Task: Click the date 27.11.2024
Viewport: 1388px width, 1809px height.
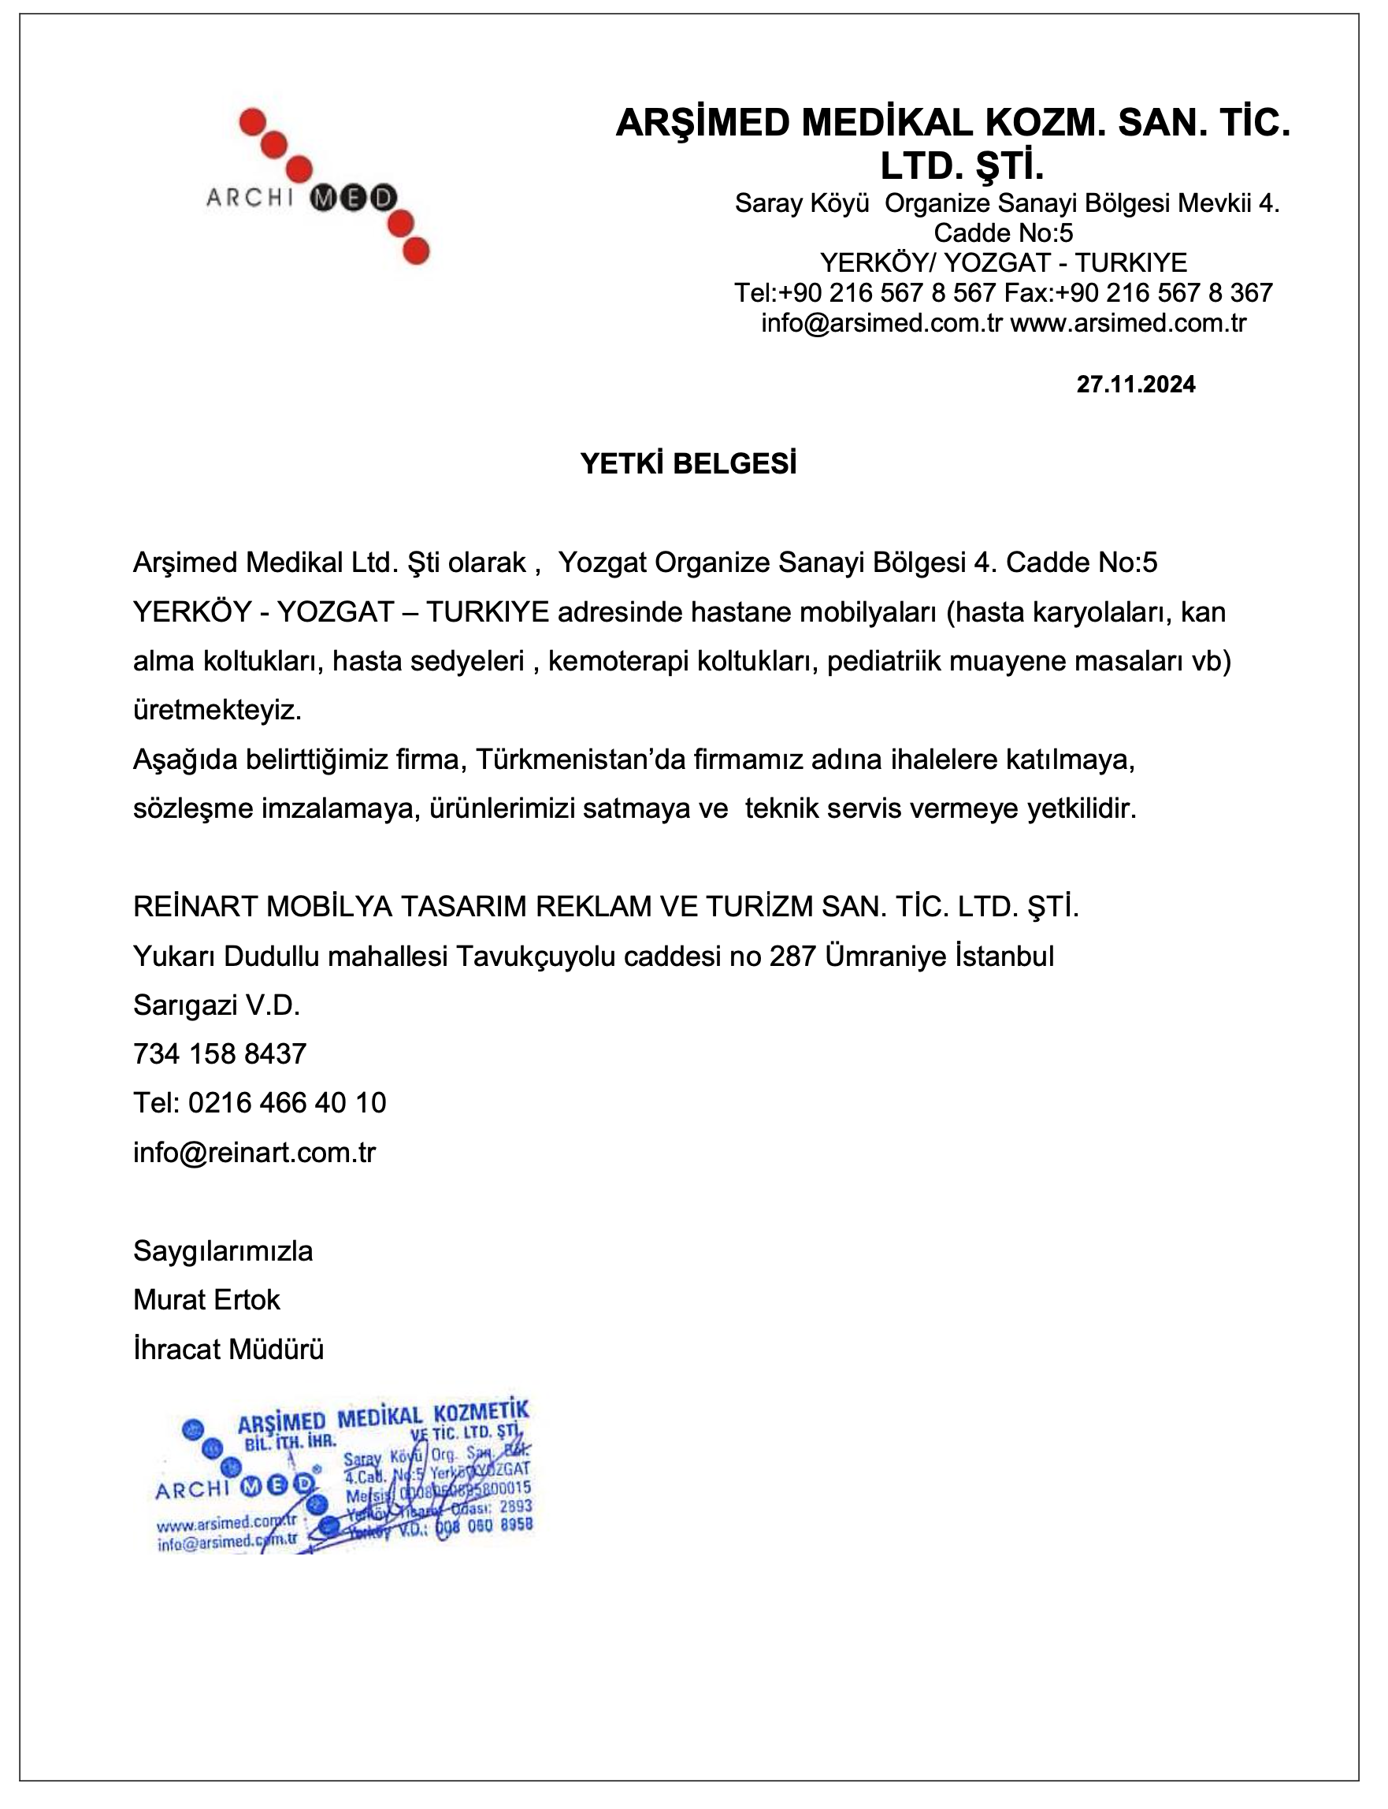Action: tap(1135, 384)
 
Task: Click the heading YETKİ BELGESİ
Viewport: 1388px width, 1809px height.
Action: tap(688, 464)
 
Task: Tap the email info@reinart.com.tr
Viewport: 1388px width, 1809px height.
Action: tap(254, 1152)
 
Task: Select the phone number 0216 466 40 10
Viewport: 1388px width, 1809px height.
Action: tap(287, 1102)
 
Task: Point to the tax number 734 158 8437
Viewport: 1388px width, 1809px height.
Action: tap(220, 1053)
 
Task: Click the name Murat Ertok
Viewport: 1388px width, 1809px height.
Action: tap(206, 1300)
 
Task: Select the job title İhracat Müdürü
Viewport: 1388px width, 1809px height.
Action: tap(228, 1350)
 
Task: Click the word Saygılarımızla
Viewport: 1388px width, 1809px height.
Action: tap(223, 1251)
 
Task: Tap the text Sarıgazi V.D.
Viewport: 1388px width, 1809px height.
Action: tap(217, 1005)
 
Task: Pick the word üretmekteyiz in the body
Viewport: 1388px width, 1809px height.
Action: tap(217, 710)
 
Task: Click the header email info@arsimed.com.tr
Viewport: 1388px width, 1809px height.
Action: tap(881, 322)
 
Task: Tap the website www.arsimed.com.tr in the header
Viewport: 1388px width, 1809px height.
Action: tap(1128, 322)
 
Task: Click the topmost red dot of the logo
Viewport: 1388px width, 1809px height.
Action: tap(251, 122)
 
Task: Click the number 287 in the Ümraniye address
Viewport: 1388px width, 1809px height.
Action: tap(794, 957)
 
